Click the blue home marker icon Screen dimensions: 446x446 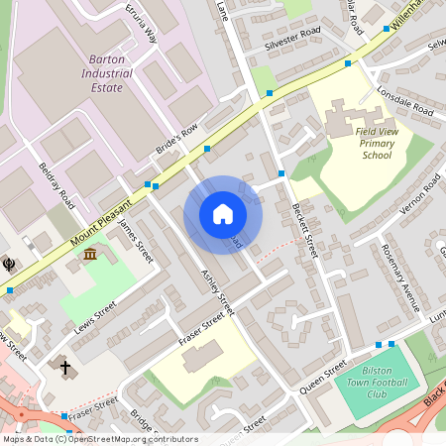pos(223,214)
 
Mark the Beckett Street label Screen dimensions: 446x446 pos(303,229)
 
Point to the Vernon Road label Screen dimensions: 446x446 pos(417,196)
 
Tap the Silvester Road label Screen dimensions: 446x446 pos(294,40)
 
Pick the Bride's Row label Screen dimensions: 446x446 pos(177,140)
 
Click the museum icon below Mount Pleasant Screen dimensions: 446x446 pos(90,256)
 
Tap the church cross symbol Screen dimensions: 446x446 pos(66,368)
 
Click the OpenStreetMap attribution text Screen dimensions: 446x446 pos(99,439)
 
